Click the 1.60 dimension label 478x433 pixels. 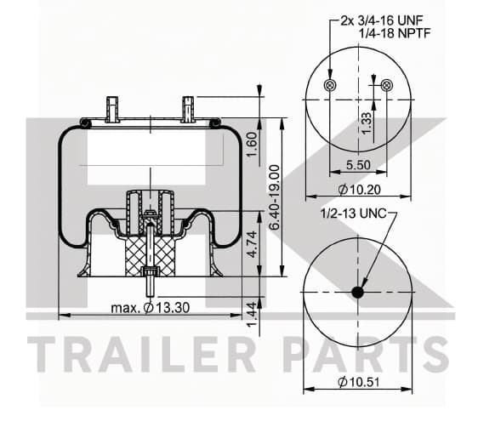253,145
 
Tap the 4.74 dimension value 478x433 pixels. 253,244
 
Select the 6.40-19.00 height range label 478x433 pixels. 275,197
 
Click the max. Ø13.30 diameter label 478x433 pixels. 151,308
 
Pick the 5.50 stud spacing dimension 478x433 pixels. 358,165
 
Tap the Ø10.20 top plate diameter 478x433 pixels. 360,190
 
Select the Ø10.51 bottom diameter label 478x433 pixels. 359,382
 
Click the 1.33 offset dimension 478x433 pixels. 366,122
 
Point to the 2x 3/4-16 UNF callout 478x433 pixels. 382,20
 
